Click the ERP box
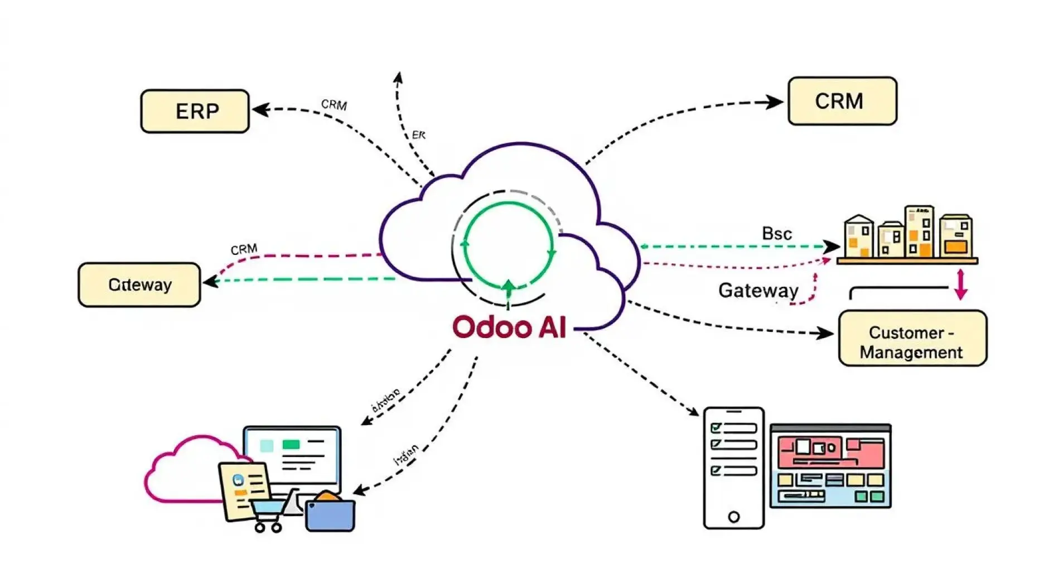coord(195,111)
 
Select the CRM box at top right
coord(842,101)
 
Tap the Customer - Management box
coord(912,339)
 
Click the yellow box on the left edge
coord(139,285)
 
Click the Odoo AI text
coord(509,327)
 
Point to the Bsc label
coord(776,233)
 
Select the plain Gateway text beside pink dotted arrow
coord(758,290)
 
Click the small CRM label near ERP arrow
coord(333,104)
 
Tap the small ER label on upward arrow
coord(418,135)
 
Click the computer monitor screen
coord(292,455)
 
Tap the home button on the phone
coord(733,517)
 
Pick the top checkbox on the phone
coord(716,428)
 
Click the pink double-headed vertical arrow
coord(960,284)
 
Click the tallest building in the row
coord(919,231)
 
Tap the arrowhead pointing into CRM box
coord(775,102)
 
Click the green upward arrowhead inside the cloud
coord(508,287)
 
